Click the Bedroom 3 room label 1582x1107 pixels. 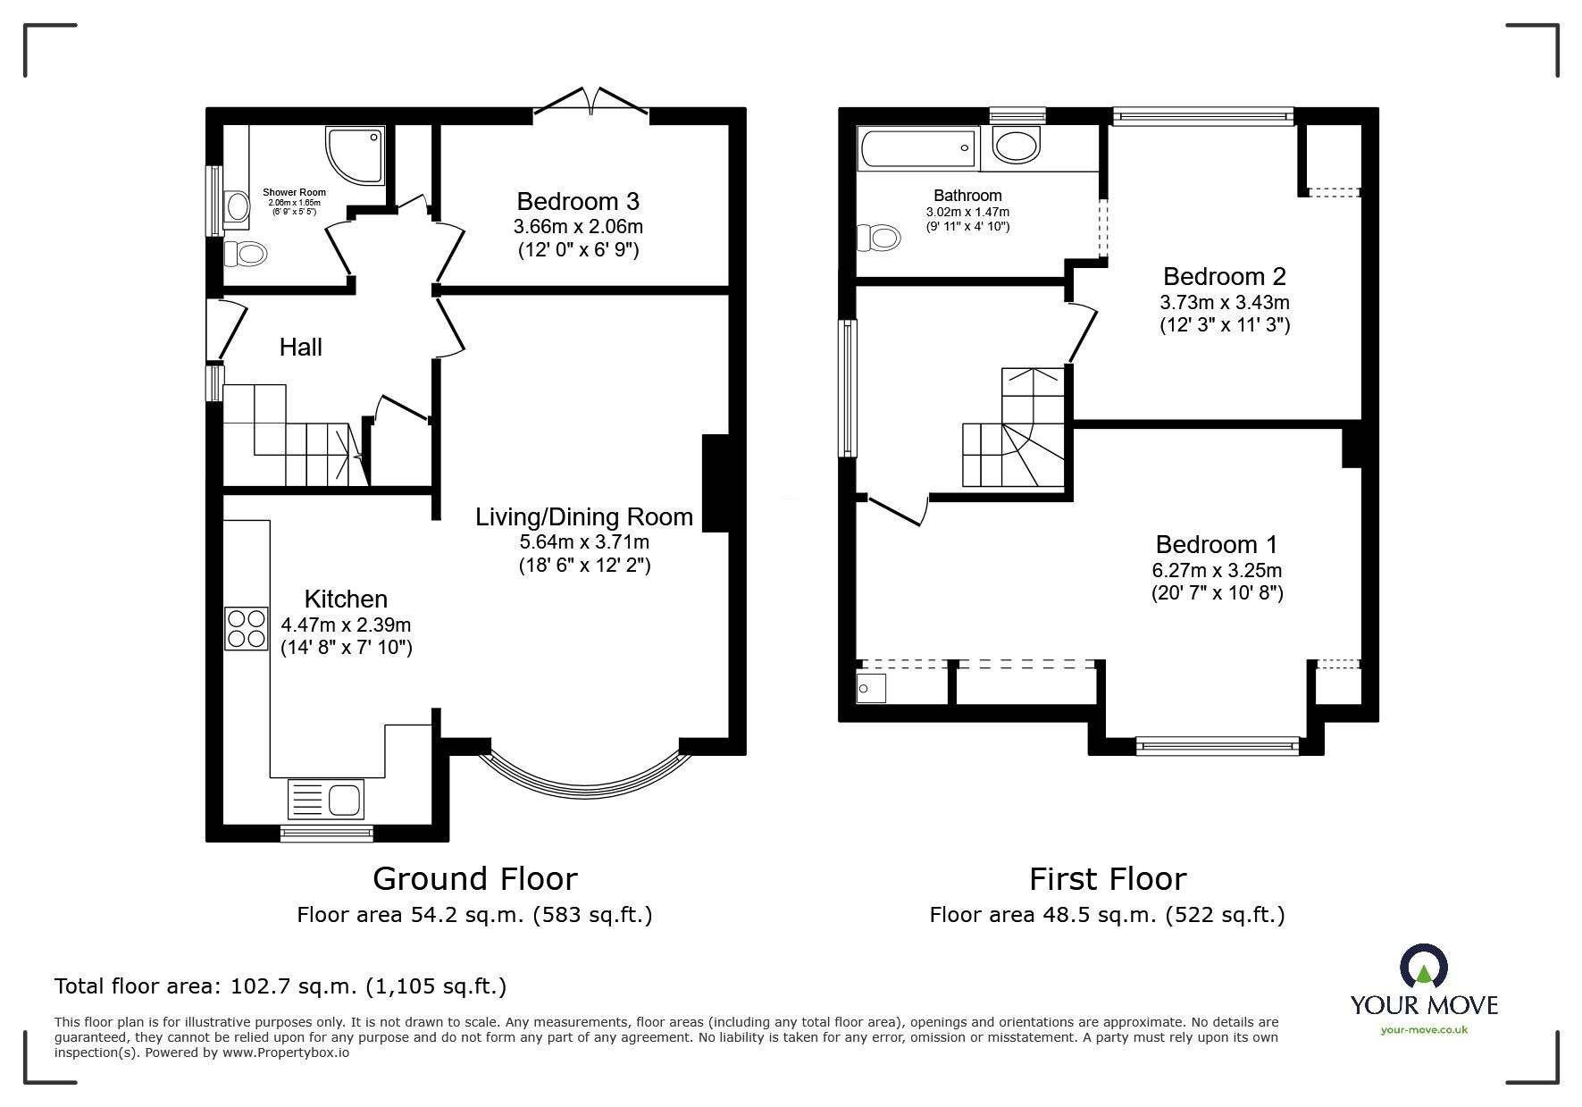click(x=578, y=201)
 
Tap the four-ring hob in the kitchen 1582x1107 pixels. click(x=247, y=628)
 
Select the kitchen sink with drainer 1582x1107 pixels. click(x=326, y=798)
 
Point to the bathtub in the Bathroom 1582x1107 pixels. click(x=917, y=147)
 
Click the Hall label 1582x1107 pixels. click(x=300, y=348)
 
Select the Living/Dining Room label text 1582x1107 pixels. click(x=583, y=516)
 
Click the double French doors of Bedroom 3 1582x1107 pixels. click(x=590, y=101)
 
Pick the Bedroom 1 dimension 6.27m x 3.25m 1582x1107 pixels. click(x=1217, y=570)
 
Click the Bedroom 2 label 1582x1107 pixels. click(x=1224, y=276)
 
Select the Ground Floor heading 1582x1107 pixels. click(x=474, y=879)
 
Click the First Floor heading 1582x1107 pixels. click(x=1107, y=879)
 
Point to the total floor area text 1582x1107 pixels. click(x=280, y=986)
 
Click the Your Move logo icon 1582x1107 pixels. click(x=1423, y=966)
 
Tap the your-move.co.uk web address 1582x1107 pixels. click(x=1424, y=1029)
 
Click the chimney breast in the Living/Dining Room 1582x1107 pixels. click(x=716, y=483)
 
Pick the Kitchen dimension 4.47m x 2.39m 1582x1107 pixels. click(x=346, y=625)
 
